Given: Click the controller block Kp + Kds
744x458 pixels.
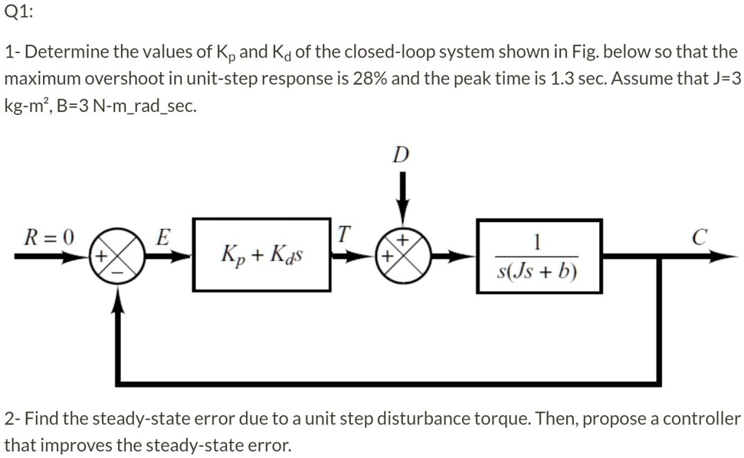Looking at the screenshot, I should pyautogui.click(x=262, y=254).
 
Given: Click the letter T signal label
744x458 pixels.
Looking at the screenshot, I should pyautogui.click(x=345, y=233).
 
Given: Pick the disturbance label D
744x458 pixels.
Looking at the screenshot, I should pyautogui.click(x=399, y=156).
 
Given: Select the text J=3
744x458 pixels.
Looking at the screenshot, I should pyautogui.click(x=724, y=79).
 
